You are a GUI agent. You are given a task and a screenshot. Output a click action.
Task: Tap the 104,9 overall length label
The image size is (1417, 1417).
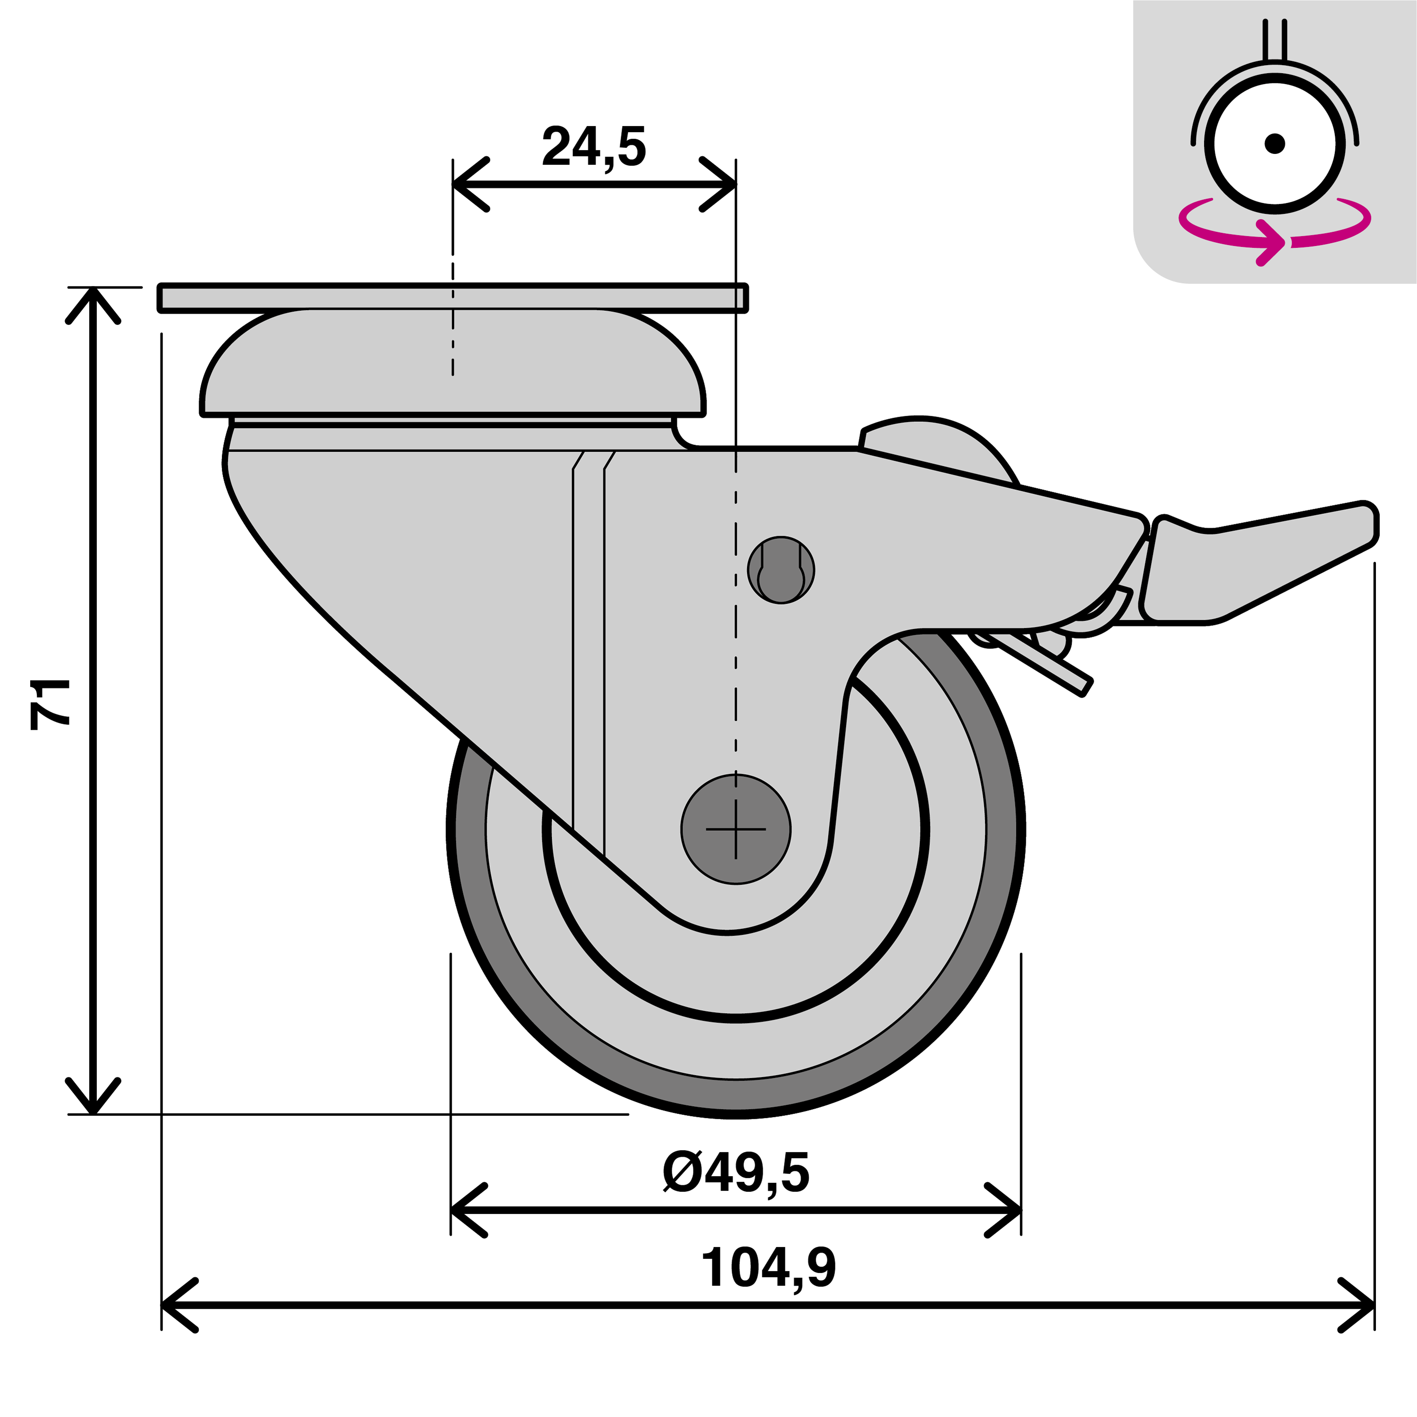768,1268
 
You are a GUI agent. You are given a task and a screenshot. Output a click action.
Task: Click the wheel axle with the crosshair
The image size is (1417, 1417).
735,829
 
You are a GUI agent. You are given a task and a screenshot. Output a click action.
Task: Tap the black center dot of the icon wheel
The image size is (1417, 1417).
1275,143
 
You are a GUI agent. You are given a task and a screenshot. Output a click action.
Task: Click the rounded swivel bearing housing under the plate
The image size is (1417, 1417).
452,363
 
